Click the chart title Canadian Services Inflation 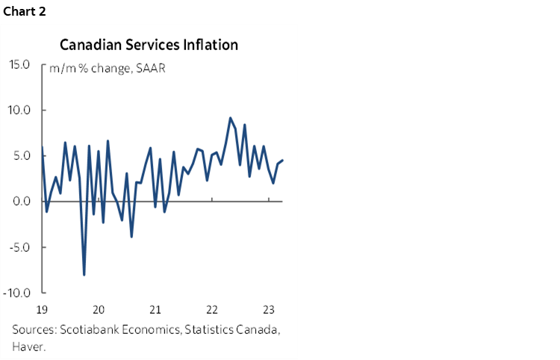[x=149, y=45]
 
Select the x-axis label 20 [x=99, y=309]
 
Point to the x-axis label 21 [x=155, y=309]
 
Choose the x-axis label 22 [x=212, y=309]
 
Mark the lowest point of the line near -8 [x=84, y=275]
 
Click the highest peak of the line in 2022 [x=230, y=118]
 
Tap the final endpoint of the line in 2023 [x=282, y=161]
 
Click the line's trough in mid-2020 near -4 [x=131, y=237]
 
